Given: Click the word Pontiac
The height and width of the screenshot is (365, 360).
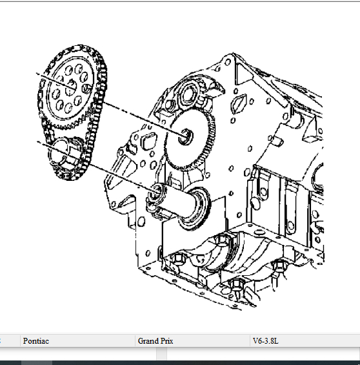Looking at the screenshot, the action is pos(36,341).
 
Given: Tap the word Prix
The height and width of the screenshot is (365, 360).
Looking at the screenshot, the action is pos(166,341).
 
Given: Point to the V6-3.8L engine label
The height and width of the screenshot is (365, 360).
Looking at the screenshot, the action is pos(265,341).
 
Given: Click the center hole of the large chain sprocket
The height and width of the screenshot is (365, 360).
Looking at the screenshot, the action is pos(71,88).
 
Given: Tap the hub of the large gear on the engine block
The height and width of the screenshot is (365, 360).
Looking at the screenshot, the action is pos(185,137).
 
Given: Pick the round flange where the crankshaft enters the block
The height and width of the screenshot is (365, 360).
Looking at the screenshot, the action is pos(195,208).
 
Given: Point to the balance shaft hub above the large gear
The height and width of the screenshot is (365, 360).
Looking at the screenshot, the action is pos(189,94).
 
